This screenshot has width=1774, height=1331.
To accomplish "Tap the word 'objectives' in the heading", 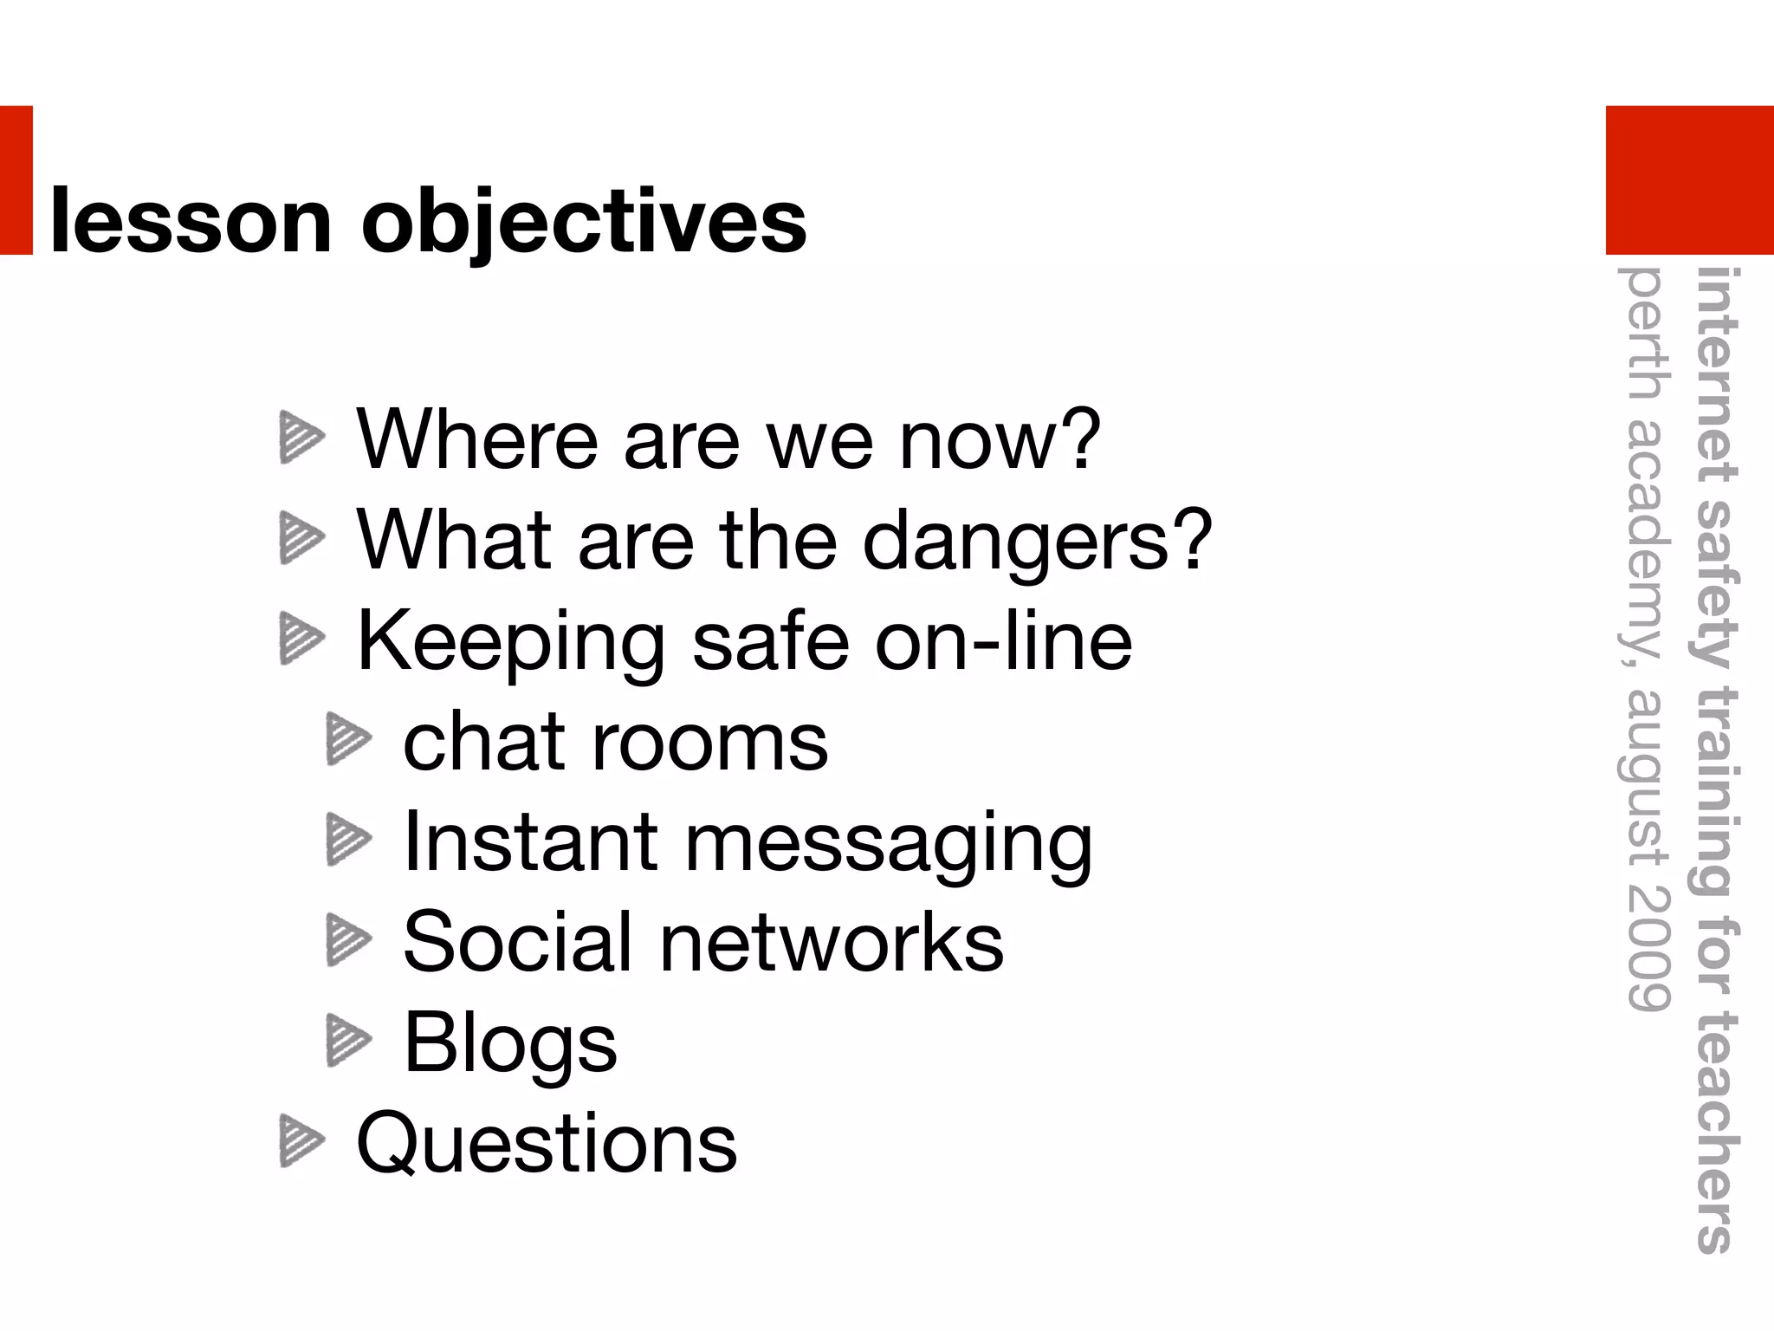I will click(584, 224).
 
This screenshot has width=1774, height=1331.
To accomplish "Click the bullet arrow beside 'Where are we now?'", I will click(301, 438).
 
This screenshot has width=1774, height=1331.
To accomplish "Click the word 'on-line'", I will click(1003, 641).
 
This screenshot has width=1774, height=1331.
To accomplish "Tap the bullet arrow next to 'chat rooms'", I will click(348, 739).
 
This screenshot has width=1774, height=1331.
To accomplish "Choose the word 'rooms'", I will click(709, 743).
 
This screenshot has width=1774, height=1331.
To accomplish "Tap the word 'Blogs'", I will click(510, 1043).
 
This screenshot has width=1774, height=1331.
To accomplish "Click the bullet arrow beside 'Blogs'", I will click(348, 1040).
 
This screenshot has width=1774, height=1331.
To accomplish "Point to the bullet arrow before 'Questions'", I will click(301, 1141).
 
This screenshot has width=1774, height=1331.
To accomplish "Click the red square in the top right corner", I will click(1689, 179).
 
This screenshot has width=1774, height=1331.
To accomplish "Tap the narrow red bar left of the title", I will click(16, 179).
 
